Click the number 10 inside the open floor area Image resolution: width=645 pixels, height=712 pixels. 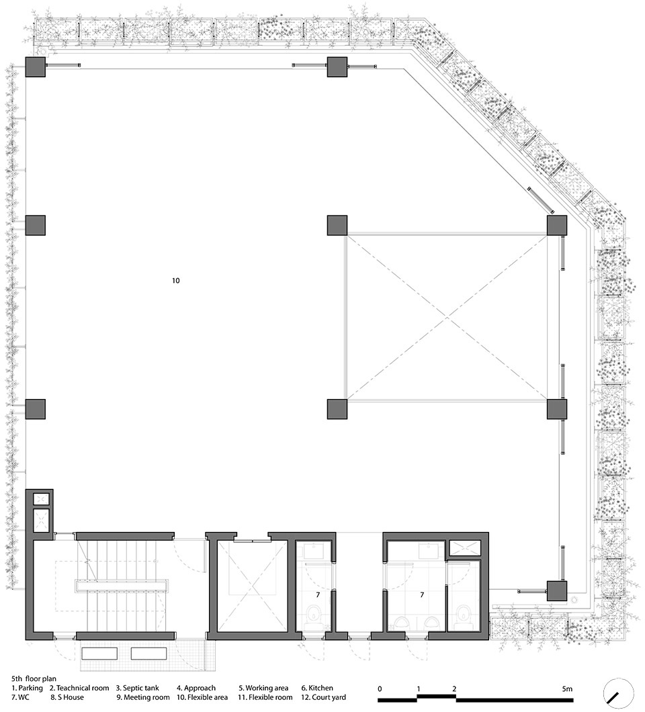pyautogui.click(x=176, y=281)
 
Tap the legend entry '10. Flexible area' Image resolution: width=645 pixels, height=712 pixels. pyautogui.click(x=202, y=697)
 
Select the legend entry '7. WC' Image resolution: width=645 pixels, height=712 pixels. pyautogui.click(x=20, y=697)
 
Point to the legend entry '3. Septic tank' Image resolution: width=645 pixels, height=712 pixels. pyautogui.click(x=138, y=688)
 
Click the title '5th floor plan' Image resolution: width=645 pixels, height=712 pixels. pyautogui.click(x=34, y=679)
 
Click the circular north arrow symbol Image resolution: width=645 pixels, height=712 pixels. pyautogui.click(x=618, y=693)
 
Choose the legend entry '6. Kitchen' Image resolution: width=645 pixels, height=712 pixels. pyautogui.click(x=317, y=688)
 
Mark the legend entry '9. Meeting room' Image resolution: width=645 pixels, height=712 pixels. pyautogui.click(x=143, y=697)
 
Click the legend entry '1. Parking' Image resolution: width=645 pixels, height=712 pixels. pyautogui.click(x=28, y=688)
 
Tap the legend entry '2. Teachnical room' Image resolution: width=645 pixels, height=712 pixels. pyautogui.click(x=79, y=688)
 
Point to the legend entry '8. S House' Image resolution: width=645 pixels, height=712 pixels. pyautogui.click(x=67, y=697)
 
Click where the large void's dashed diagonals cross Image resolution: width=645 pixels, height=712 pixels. pyautogui.click(x=447, y=318)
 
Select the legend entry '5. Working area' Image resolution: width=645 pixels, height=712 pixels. pyautogui.click(x=263, y=688)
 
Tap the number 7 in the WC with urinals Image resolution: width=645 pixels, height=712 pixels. pyautogui.click(x=422, y=594)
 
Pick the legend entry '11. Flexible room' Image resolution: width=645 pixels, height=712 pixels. pyautogui.click(x=265, y=697)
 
